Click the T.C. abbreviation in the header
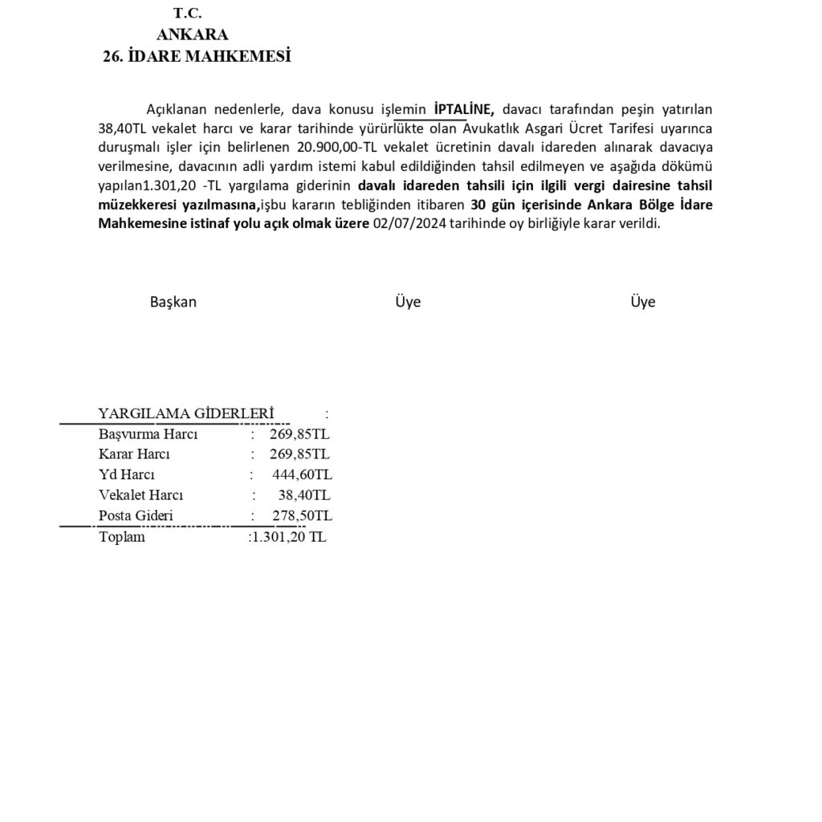(187, 13)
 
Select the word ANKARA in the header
(193, 35)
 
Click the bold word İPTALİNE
(463, 108)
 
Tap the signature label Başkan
(173, 302)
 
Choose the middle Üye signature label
(408, 302)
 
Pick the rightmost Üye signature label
(642, 302)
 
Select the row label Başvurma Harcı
(148, 434)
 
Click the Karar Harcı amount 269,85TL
(299, 454)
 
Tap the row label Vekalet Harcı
(141, 494)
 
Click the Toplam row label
(121, 537)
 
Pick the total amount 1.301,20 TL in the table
(289, 537)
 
